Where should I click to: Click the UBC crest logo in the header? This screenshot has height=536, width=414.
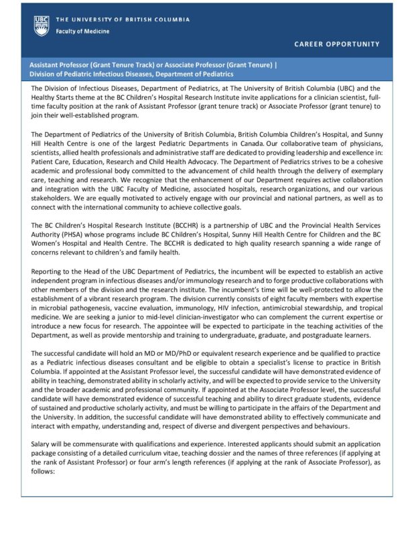pyautogui.click(x=41, y=25)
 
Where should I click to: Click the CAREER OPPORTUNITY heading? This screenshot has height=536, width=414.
pyautogui.click(x=337, y=44)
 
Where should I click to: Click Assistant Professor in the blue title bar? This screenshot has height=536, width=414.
pyautogui.click(x=61, y=65)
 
